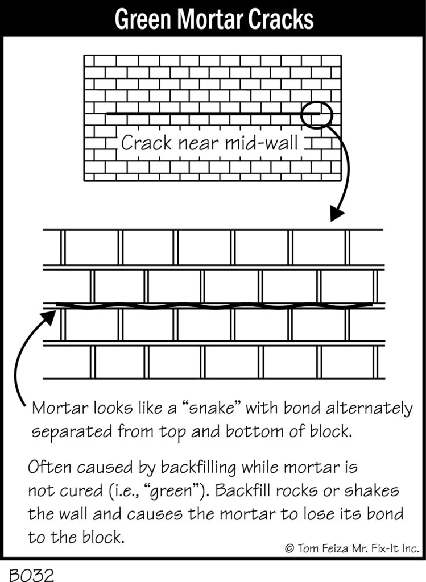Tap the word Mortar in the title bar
(x=210, y=19)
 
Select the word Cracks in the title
(x=281, y=19)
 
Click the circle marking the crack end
(x=316, y=115)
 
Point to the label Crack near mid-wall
(x=210, y=143)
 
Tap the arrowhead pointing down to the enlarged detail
(x=337, y=214)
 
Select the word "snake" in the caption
(x=213, y=408)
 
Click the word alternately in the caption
(x=369, y=409)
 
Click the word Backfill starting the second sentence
(x=242, y=490)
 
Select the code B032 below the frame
(x=32, y=575)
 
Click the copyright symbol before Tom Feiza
(x=289, y=548)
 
